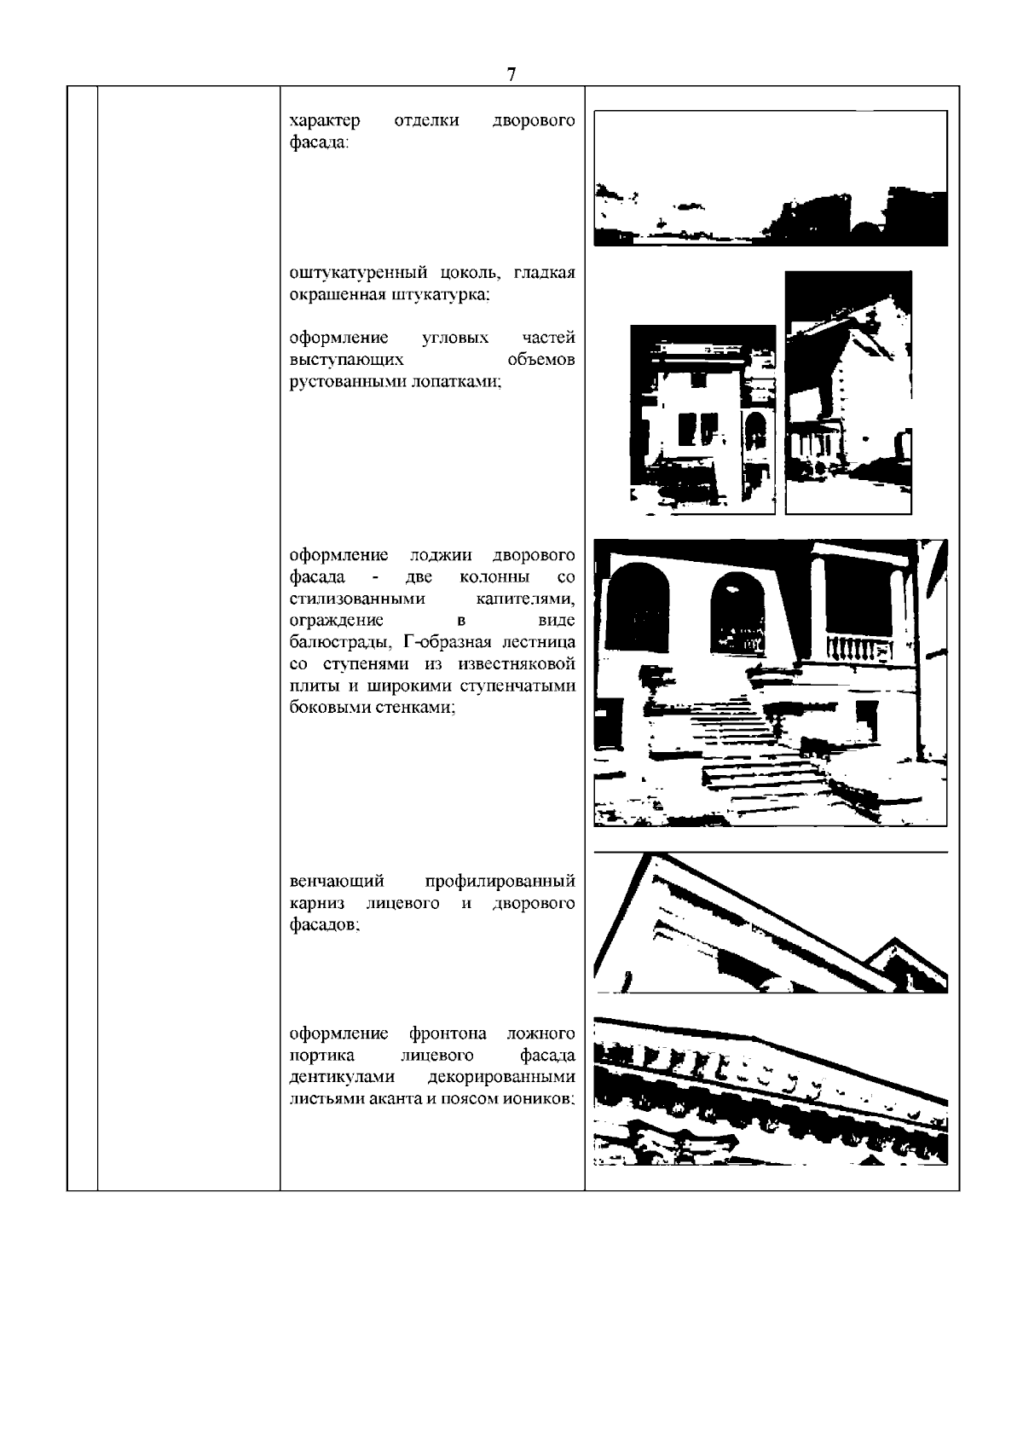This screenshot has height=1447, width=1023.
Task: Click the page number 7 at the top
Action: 511,74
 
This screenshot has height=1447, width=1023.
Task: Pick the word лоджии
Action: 442,556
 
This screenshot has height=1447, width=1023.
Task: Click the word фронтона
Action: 448,1034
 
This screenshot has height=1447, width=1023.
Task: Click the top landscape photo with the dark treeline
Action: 770,178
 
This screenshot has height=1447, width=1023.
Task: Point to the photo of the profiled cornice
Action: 770,925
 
